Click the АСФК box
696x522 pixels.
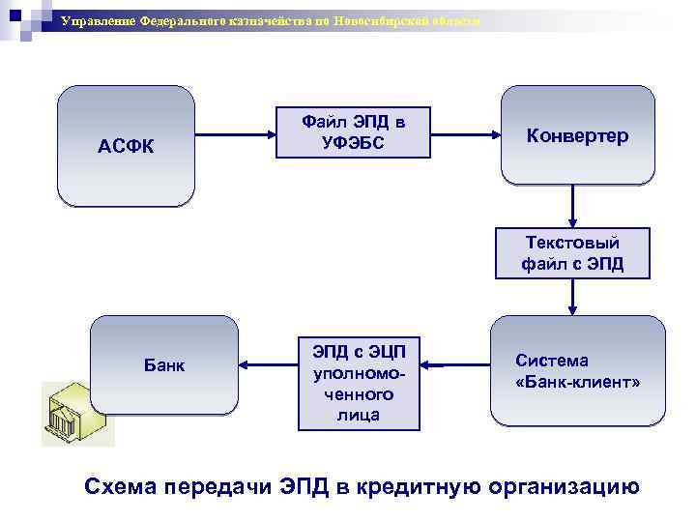[x=127, y=147]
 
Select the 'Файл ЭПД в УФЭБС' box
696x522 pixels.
[x=353, y=132]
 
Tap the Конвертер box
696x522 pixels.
[x=577, y=135]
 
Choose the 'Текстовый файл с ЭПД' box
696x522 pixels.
[x=573, y=253]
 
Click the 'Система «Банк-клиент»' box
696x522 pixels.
[x=577, y=371]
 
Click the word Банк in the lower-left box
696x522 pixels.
[x=164, y=365]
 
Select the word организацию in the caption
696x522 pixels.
[x=565, y=485]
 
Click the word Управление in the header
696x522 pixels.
[x=98, y=21]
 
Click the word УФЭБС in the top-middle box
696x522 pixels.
[x=353, y=143]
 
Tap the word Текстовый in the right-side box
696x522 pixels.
[x=573, y=243]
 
